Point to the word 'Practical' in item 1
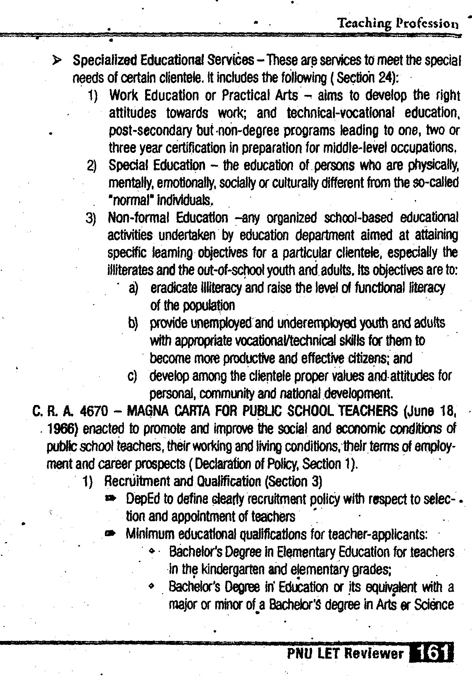coord(244,95)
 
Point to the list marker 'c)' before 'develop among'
coord(132,376)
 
